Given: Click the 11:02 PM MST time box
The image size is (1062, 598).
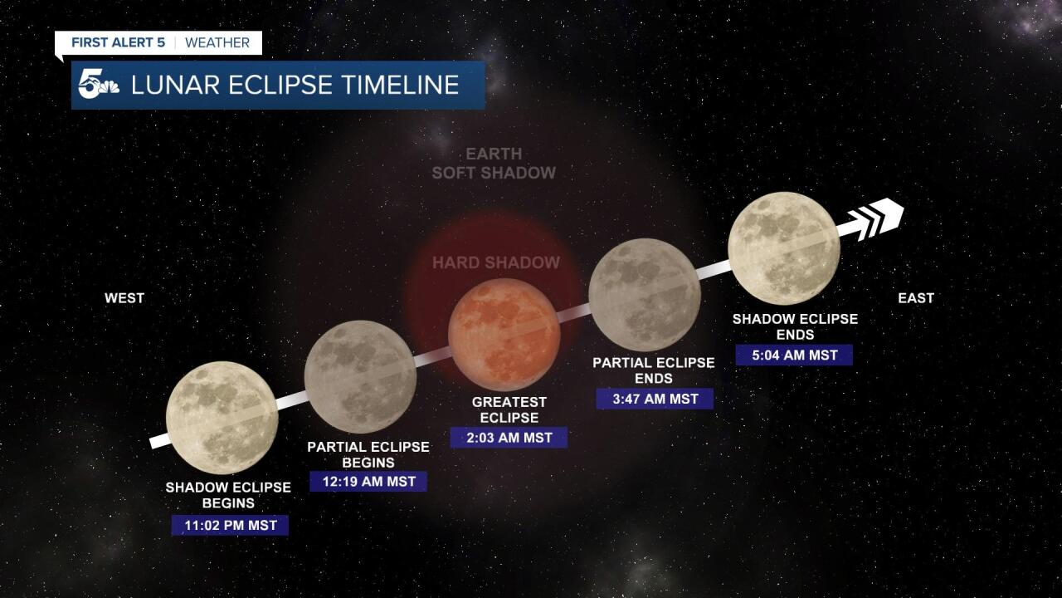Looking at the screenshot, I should pos(230,525).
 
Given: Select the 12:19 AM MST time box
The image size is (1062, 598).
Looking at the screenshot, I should pos(368,481).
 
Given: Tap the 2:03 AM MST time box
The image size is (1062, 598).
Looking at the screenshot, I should pos(509,437).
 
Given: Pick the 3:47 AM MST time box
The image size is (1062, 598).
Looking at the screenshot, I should pos(655,399).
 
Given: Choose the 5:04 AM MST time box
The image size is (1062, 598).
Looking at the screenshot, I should pos(794,355).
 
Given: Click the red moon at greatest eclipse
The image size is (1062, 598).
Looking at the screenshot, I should pos(504,335).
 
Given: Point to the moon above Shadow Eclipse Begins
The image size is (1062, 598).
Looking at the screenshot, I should pos(222,417).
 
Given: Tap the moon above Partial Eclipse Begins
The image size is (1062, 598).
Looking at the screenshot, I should pos(360,376).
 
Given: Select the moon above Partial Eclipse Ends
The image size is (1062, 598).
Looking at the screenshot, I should pos(644,294).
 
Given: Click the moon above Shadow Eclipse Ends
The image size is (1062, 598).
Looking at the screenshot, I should pos(783,248).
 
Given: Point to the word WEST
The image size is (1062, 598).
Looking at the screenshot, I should pos(124,298).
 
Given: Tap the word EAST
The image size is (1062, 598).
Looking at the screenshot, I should pos(916,298).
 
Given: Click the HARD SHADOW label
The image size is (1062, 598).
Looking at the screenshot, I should pos(496,263).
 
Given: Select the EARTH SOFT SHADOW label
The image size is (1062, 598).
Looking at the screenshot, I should pos(494,164).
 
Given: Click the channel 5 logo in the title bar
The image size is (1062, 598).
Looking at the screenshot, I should pos(98,86).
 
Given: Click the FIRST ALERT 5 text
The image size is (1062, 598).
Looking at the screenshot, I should pos(118,42).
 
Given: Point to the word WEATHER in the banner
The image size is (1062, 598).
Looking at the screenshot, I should pos(217,42).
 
